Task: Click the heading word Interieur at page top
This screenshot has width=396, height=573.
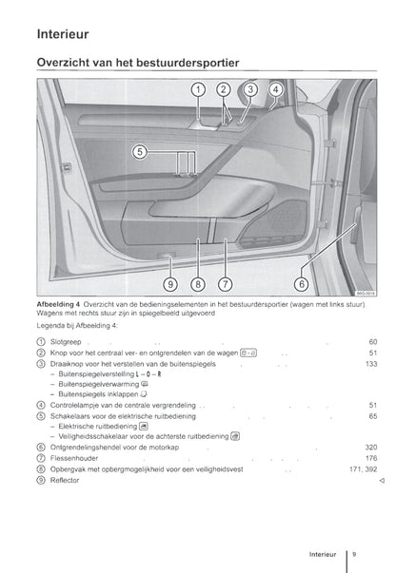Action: (63, 34)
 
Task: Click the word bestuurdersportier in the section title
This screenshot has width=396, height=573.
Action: (188, 63)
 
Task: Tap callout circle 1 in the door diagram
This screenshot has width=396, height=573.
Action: (198, 89)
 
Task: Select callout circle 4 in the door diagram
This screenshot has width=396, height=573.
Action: (276, 89)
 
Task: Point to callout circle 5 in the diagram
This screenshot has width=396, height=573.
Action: (139, 152)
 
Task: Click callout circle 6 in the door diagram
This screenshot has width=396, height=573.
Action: (302, 284)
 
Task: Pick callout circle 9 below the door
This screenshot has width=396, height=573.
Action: (170, 284)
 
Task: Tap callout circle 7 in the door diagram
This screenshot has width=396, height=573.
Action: (225, 284)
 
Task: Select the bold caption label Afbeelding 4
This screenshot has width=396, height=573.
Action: (58, 304)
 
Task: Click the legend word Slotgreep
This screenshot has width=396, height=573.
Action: (66, 342)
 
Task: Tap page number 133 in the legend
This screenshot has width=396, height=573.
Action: (371, 364)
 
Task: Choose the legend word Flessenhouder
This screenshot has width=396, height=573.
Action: (74, 458)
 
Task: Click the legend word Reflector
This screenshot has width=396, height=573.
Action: (65, 480)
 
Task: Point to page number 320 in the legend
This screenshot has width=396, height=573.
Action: (371, 448)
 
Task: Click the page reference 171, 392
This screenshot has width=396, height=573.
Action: (364, 469)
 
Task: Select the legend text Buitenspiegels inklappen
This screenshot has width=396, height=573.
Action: (98, 394)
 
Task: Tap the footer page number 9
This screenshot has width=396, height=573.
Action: (354, 554)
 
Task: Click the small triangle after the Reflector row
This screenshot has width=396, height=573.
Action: (382, 481)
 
